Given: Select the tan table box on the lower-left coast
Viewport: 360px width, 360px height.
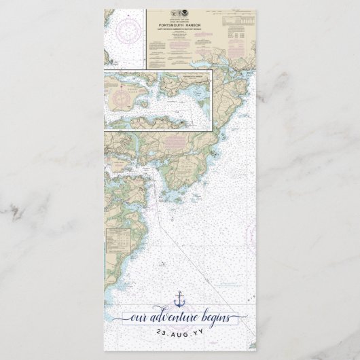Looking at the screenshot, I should (x=120, y=238).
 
